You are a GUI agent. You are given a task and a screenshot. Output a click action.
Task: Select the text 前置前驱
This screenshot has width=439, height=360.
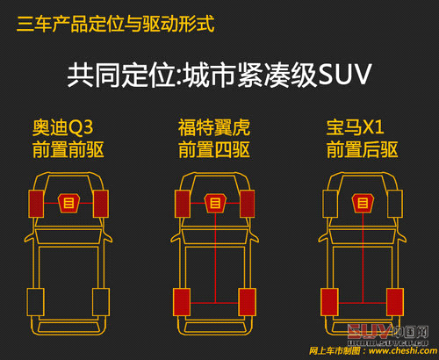pos(68,150)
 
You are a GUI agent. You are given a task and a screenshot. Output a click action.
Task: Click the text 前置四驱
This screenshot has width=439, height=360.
pos(213,150)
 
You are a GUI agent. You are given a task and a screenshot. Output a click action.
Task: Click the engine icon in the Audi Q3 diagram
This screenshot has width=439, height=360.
pos(68,204)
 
